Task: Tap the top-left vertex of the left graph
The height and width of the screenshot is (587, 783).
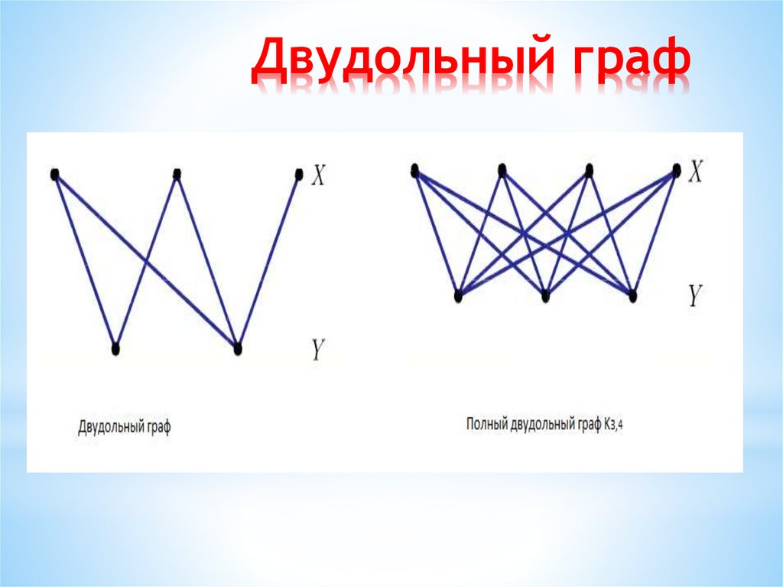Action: [54, 174]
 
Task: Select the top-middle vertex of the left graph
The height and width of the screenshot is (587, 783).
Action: [177, 174]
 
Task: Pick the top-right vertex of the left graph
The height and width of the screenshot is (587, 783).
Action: [299, 174]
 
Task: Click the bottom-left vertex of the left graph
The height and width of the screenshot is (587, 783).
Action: [115, 349]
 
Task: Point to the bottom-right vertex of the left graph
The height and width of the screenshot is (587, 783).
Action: [237, 349]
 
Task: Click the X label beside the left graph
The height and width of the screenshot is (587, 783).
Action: [319, 176]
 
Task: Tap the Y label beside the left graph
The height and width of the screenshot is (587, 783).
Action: [318, 350]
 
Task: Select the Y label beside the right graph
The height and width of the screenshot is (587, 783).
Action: [694, 295]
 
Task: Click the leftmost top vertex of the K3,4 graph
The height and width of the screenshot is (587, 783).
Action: [414, 171]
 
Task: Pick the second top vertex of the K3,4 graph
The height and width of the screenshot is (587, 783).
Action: [502, 171]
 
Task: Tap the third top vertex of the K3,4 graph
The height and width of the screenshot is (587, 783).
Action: [589, 171]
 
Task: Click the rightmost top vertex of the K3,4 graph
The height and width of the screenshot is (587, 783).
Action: [676, 171]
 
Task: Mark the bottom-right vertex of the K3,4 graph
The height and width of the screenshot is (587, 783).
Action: [632, 295]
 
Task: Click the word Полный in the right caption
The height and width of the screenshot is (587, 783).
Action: [488, 423]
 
